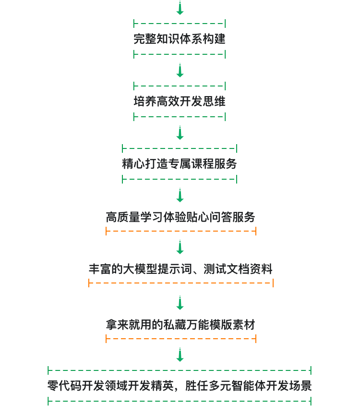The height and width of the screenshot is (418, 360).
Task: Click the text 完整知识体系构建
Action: [x=180, y=39]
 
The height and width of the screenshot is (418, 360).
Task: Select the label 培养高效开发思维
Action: [x=180, y=101]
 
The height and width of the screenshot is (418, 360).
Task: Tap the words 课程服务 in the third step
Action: [x=214, y=164]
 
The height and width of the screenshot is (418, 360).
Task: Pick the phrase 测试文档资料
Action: [x=238, y=269]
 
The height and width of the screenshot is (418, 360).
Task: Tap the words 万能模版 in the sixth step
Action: [x=209, y=325]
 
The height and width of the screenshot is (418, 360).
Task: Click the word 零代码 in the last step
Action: [x=65, y=385]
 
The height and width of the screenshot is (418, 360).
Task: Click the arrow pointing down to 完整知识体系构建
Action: [x=180, y=8]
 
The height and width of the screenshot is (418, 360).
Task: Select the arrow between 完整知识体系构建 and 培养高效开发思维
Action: [x=180, y=70]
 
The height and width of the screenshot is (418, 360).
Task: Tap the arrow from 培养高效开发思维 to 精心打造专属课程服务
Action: [x=180, y=133]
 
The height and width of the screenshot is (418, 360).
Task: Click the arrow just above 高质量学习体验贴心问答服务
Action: [x=180, y=195]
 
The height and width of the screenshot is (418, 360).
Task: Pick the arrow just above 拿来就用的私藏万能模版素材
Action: [x=180, y=303]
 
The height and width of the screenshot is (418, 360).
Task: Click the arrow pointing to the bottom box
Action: [x=180, y=355]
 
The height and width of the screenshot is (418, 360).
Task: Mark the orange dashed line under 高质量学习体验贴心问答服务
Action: [x=181, y=231]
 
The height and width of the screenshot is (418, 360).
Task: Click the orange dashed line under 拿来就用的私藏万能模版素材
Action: [x=181, y=339]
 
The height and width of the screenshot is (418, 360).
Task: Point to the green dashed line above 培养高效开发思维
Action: [x=180, y=86]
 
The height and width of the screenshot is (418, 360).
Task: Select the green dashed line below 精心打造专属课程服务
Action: [x=180, y=179]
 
